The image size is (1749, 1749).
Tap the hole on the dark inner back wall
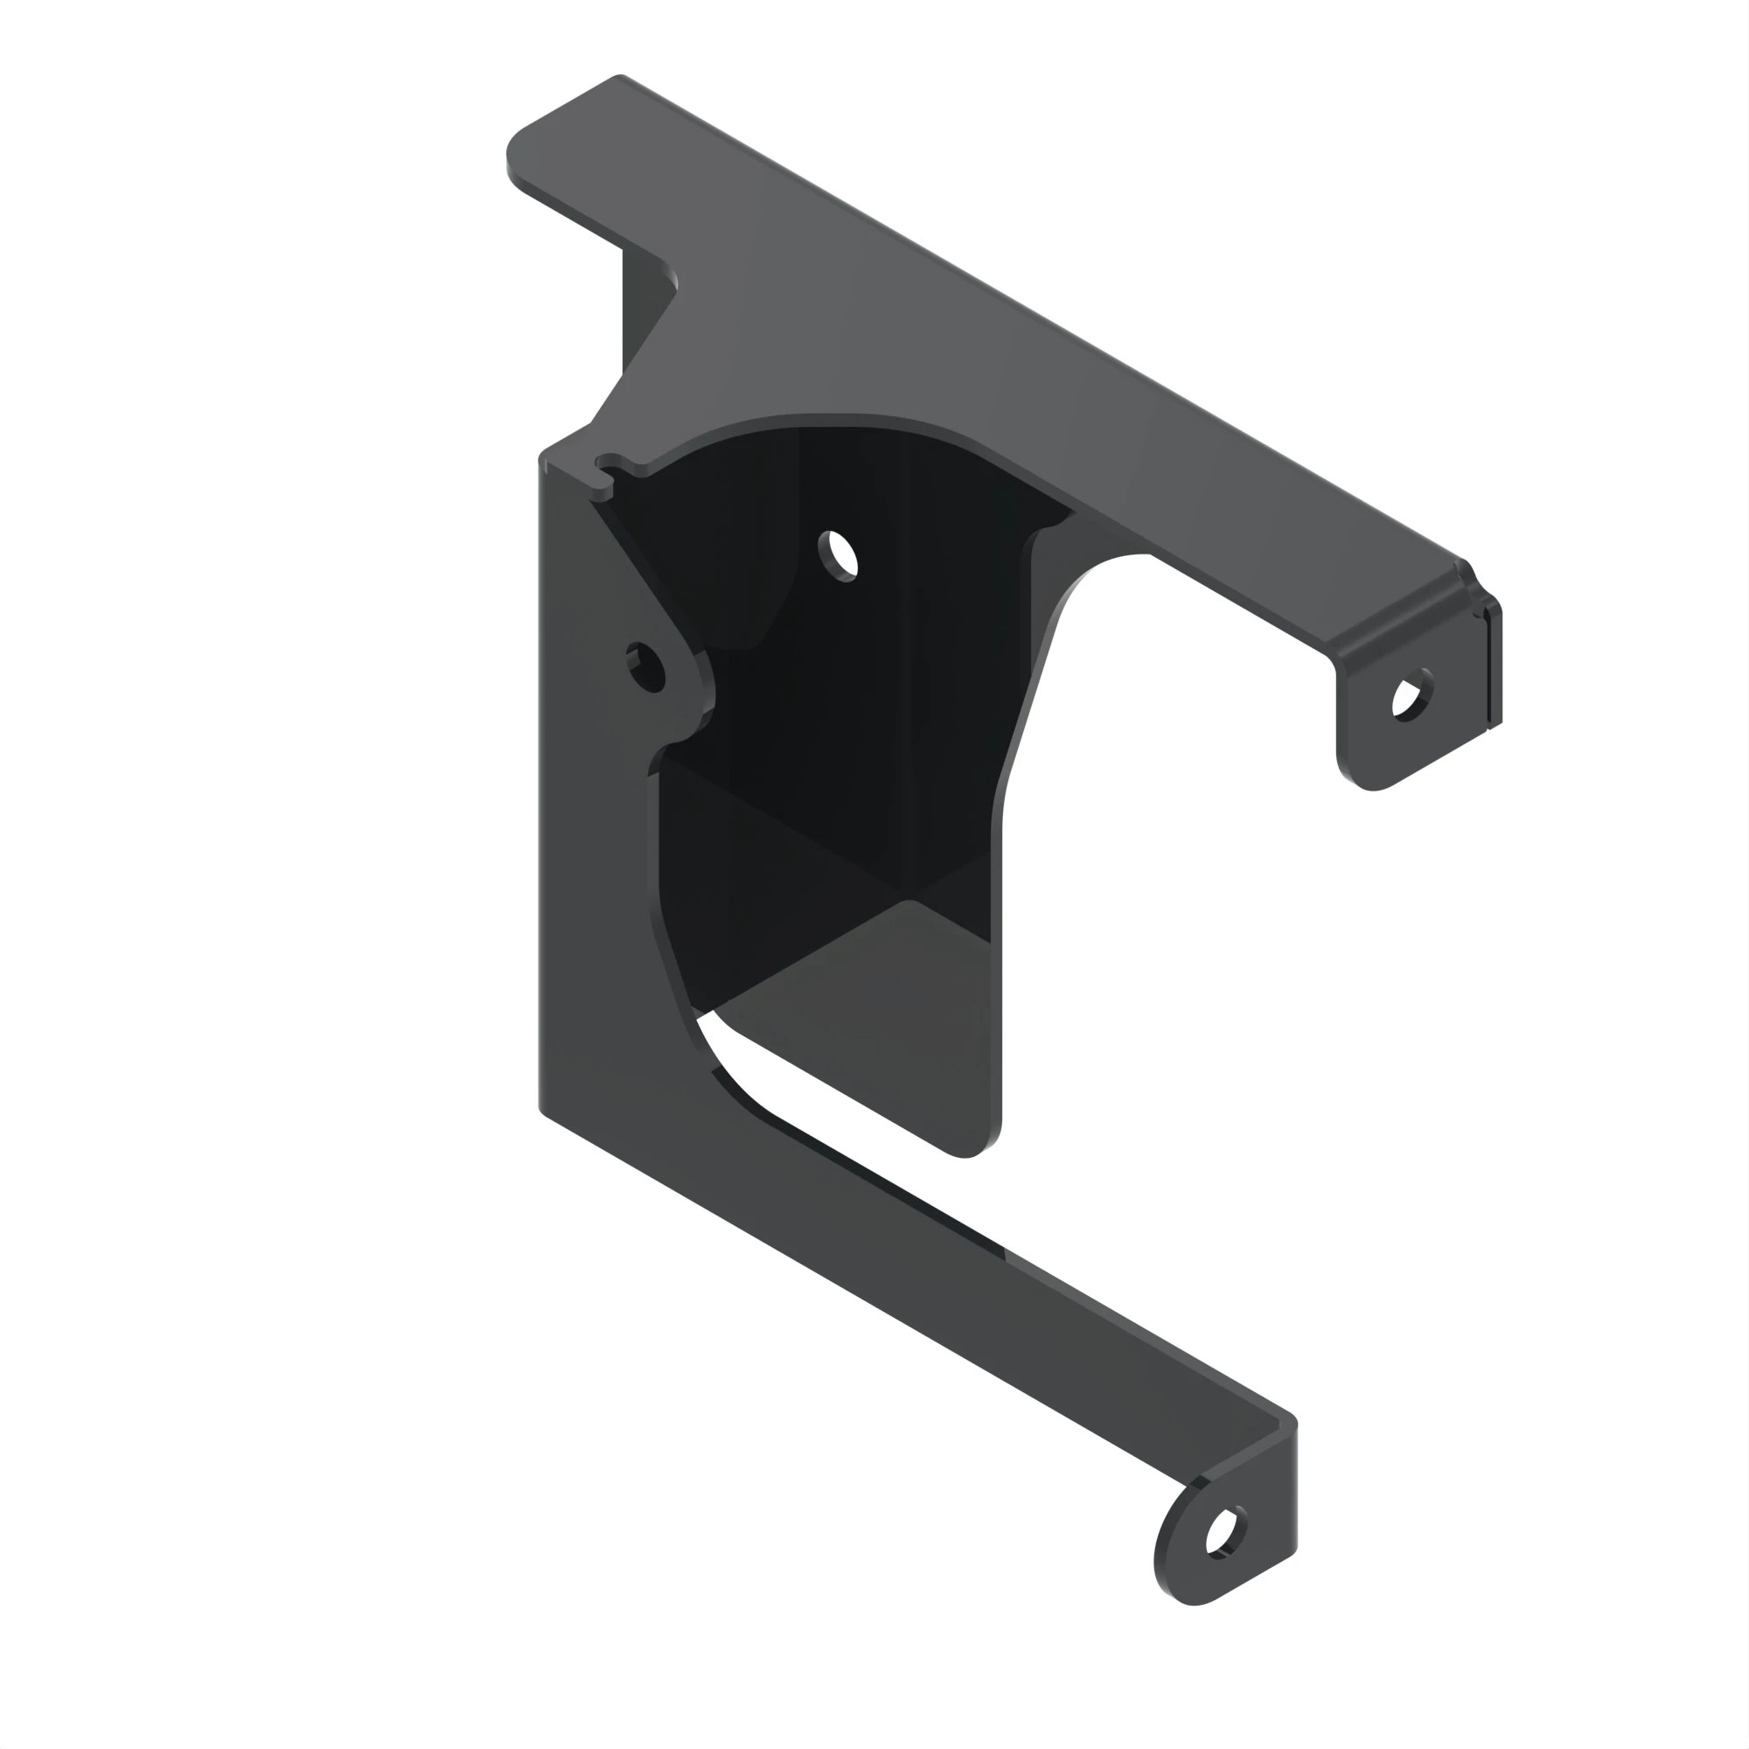839,555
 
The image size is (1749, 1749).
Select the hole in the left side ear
646,668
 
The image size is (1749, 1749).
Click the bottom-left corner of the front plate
546,1110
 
